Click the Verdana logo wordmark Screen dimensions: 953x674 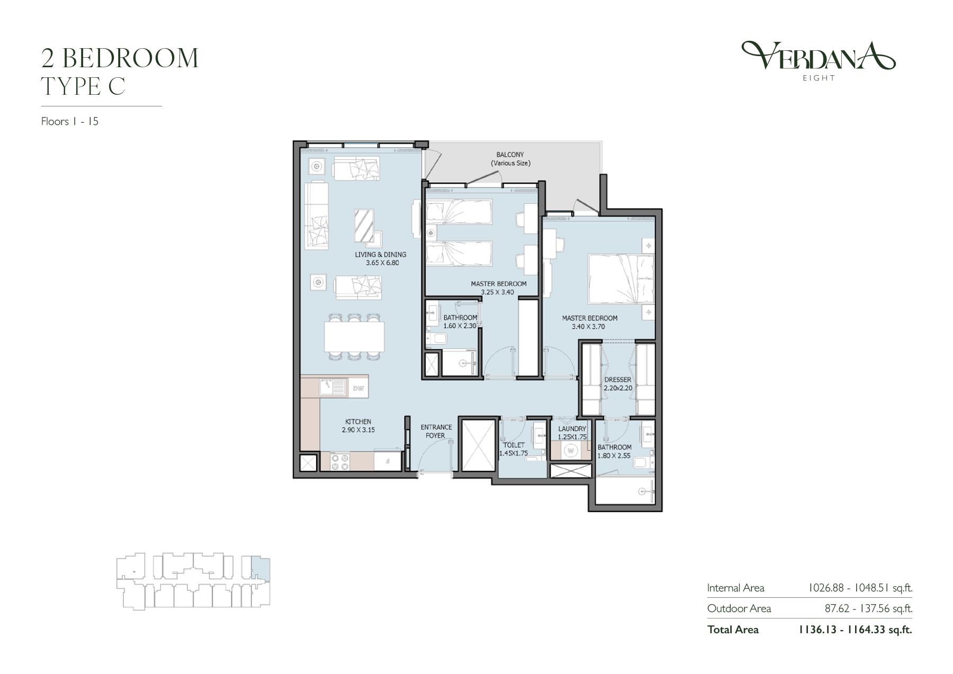(818, 56)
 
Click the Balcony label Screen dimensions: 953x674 (510, 155)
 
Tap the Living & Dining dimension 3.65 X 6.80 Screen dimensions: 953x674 (382, 263)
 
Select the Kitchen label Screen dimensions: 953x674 (358, 421)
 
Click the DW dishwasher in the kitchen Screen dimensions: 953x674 (358, 389)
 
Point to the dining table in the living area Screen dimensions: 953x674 (354, 337)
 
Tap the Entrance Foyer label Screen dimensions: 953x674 (436, 431)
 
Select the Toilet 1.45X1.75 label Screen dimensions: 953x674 (514, 449)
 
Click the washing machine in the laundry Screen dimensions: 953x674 (571, 451)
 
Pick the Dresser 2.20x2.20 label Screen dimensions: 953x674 (618, 384)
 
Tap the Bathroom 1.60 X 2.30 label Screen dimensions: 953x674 (460, 322)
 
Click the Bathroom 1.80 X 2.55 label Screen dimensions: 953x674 (614, 451)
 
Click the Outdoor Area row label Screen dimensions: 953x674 (739, 608)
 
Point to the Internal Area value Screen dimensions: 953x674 (860, 588)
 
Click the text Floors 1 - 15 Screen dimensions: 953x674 (70, 121)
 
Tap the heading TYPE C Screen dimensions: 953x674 (84, 86)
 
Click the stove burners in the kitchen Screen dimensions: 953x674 (340, 461)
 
